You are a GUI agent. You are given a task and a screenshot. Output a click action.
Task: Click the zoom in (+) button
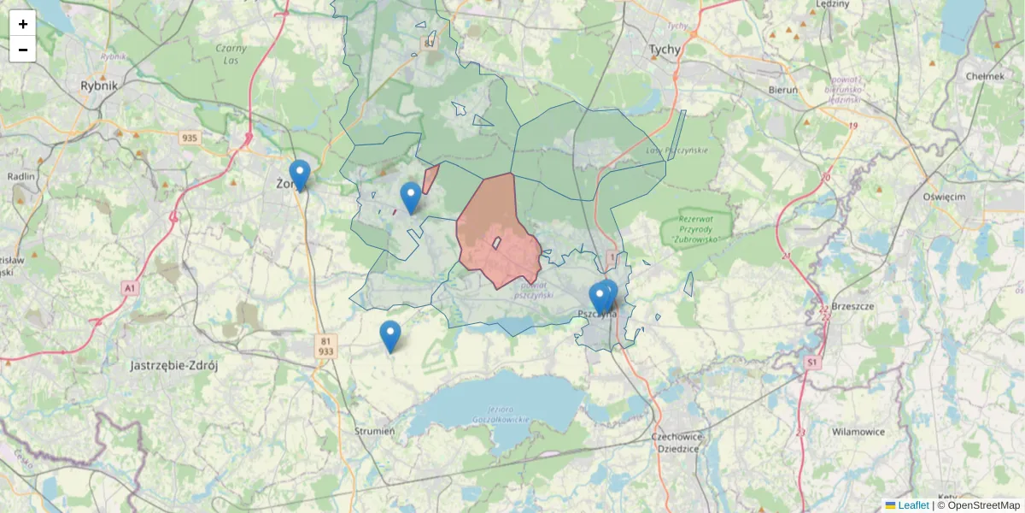coord(22,24)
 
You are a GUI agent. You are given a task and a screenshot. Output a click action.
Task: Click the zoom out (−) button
coord(22,50)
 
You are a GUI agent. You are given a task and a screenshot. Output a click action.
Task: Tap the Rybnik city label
coord(99,85)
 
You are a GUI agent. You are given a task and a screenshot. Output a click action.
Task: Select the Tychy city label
coord(665,50)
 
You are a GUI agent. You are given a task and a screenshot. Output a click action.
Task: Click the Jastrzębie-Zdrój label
coord(174,366)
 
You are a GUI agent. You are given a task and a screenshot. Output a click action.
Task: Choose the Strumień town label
coord(374,432)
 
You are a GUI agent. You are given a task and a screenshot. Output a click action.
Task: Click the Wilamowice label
coord(858,432)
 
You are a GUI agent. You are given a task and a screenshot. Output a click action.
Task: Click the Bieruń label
coord(782,89)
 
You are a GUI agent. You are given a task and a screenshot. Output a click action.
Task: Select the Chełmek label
coord(984,75)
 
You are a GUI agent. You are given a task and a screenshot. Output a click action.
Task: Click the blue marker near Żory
coord(299,174)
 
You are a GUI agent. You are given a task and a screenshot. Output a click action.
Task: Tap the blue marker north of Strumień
coord(390,335)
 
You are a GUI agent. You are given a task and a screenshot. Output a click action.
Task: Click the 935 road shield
coord(190,138)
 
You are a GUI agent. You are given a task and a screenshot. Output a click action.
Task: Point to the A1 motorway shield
coord(129,289)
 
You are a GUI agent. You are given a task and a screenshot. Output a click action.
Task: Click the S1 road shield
coord(811,363)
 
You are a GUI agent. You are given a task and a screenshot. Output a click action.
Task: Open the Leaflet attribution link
coord(912,505)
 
